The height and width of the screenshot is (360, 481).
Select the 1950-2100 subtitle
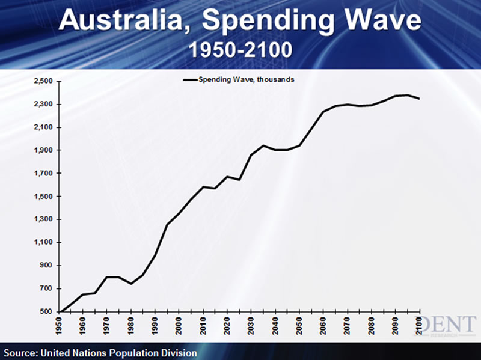click(241, 49)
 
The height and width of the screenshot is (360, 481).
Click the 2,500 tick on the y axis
click(44, 81)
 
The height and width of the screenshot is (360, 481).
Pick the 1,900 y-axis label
click(44, 150)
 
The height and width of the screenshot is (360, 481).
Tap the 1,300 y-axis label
click(44, 219)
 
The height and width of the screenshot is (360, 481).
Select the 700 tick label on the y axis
click(47, 288)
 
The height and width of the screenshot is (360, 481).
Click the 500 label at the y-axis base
click(47, 311)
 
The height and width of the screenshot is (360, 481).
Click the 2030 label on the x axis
click(251, 324)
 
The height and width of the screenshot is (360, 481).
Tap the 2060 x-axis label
click(323, 324)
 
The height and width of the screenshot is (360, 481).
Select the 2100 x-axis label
click(419, 324)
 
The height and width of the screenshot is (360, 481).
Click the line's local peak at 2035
click(263, 145)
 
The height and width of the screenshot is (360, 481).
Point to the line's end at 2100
click(418, 99)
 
